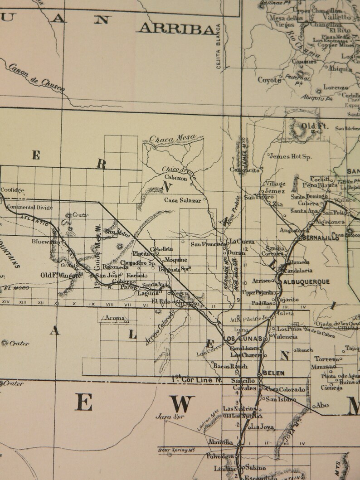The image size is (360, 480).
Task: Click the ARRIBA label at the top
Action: pos(176,29)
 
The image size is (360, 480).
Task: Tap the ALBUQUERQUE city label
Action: pos(306,281)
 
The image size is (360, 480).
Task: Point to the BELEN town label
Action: pos(273,373)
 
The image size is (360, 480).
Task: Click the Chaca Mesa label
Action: pos(172,138)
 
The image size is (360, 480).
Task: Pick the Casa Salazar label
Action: pos(182,199)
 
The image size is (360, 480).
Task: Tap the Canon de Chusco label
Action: pos(36,78)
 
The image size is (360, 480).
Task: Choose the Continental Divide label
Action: pos(30,208)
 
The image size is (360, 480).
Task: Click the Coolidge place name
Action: pos(12,190)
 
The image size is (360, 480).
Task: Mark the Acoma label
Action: pos(115,318)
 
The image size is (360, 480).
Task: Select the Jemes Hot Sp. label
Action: pos(291,157)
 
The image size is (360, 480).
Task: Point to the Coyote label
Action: pos(269,80)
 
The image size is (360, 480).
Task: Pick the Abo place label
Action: pos(322,405)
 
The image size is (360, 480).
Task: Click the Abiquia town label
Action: pos(341,69)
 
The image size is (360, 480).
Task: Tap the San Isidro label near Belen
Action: pos(281,399)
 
